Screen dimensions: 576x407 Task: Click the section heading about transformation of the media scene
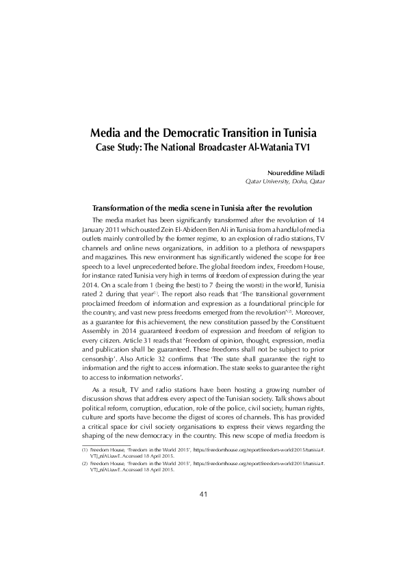(202, 208)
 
